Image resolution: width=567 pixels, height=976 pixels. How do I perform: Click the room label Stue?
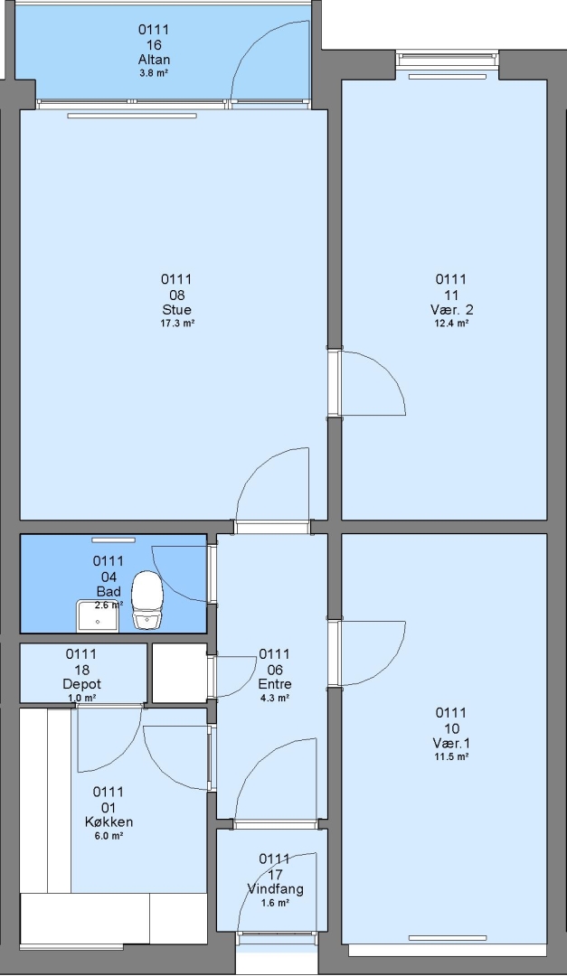click(x=177, y=309)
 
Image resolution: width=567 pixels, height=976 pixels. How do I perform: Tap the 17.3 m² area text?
click(x=177, y=323)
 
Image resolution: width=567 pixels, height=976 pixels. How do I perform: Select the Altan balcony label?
click(x=154, y=60)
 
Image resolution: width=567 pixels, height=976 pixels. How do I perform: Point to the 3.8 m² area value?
click(x=153, y=73)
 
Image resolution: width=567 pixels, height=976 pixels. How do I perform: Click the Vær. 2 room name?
click(x=452, y=309)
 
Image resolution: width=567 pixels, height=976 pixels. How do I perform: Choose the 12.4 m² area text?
click(x=452, y=323)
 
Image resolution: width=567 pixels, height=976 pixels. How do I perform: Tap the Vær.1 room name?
click(x=452, y=743)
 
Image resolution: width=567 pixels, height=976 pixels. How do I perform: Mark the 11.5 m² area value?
click(x=452, y=757)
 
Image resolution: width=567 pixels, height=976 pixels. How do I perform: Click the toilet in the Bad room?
click(x=147, y=599)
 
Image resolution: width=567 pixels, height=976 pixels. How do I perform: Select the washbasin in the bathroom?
click(x=98, y=616)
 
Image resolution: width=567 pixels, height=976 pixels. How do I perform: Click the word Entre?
click(x=275, y=684)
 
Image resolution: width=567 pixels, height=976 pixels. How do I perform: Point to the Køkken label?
click(x=109, y=821)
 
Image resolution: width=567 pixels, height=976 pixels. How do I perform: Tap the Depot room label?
click(x=81, y=684)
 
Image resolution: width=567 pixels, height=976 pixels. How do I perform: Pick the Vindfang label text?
click(x=276, y=889)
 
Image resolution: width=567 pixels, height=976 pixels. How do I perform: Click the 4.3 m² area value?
click(x=275, y=698)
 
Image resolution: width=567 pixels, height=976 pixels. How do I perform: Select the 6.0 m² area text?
click(x=109, y=836)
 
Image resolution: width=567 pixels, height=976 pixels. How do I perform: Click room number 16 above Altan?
click(x=154, y=45)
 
